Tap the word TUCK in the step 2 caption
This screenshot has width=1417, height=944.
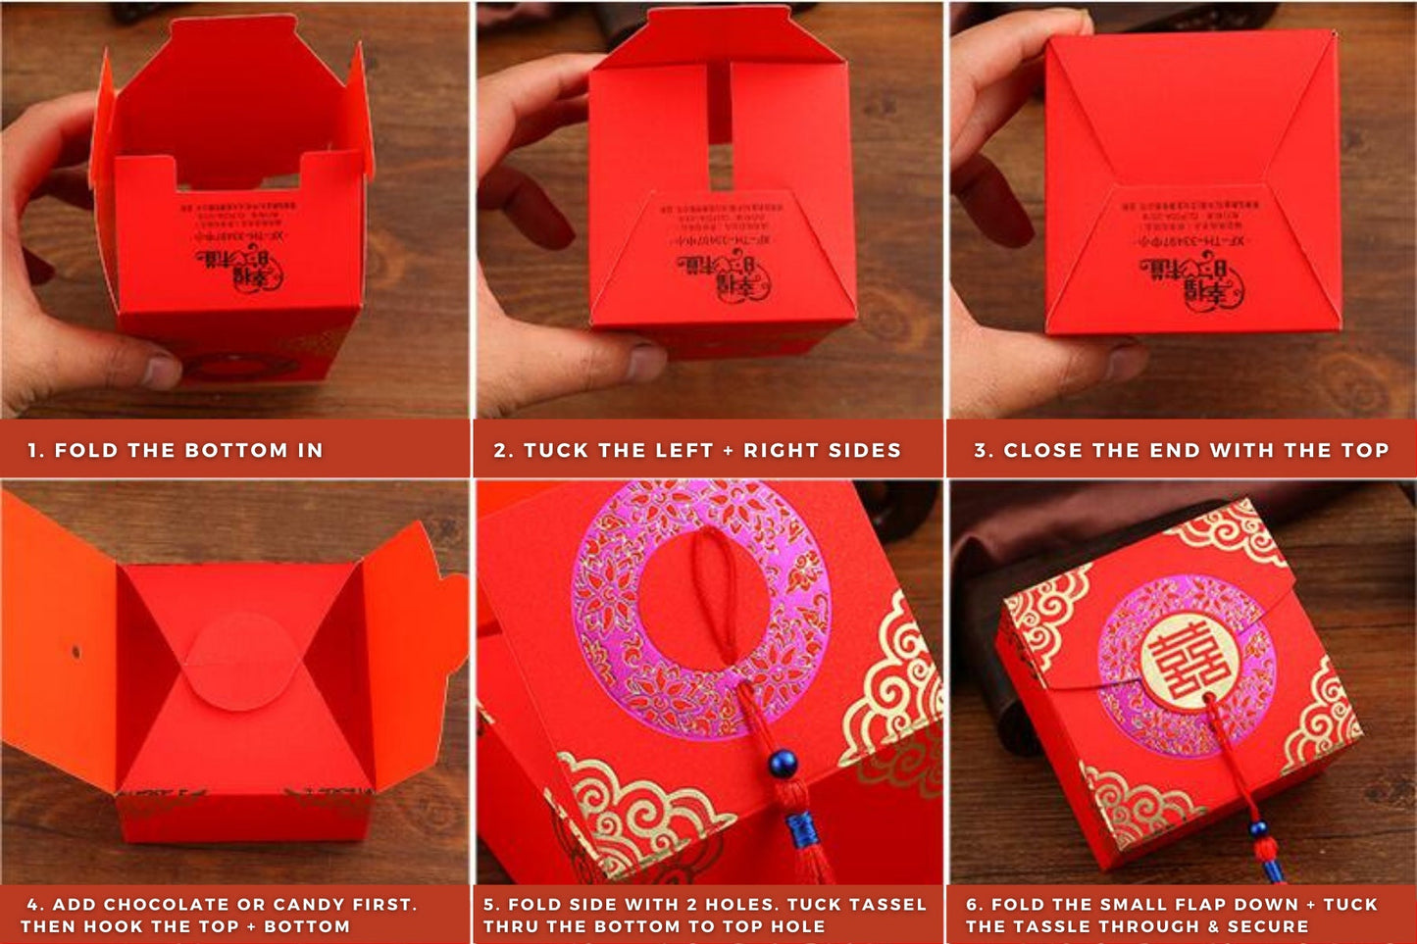[555, 450]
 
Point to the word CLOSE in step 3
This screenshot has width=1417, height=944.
[1041, 450]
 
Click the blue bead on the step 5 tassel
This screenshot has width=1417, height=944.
[783, 763]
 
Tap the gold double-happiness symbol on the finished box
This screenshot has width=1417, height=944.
[1185, 663]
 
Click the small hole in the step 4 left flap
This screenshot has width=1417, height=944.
[75, 650]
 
